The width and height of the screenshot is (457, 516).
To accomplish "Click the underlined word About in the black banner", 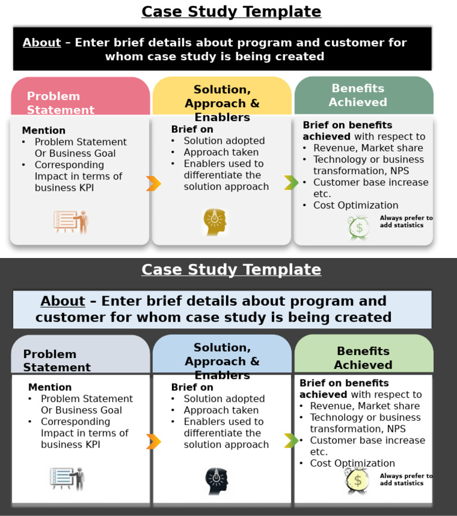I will click(42, 43).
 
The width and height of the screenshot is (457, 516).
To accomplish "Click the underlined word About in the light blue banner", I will click(62, 301).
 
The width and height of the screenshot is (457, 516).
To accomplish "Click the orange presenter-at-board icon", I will click(71, 222).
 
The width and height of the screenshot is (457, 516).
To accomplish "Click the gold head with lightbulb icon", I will click(215, 222).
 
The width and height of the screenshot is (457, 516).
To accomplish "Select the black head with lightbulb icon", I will click(217, 480).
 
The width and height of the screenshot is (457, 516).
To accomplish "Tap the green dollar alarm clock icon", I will click(358, 227).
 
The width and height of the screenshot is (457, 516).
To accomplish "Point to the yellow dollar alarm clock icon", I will click(356, 480).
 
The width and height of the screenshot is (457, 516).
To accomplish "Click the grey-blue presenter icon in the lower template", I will click(67, 478).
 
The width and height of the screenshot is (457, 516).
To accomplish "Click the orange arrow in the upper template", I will click(154, 184).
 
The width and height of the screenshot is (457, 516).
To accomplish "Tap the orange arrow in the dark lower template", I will click(154, 442).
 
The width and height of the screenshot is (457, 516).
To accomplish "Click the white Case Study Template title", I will click(231, 270).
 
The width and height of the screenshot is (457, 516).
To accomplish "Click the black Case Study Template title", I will click(231, 12).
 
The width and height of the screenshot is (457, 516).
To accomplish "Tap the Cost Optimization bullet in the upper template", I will click(355, 206).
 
